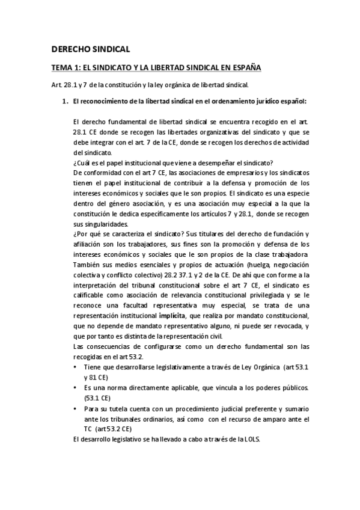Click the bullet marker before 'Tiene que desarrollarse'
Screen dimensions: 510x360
75,367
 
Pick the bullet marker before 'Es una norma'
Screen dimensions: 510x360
75,387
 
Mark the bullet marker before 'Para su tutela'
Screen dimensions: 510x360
75,408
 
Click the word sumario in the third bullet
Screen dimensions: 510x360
296,408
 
